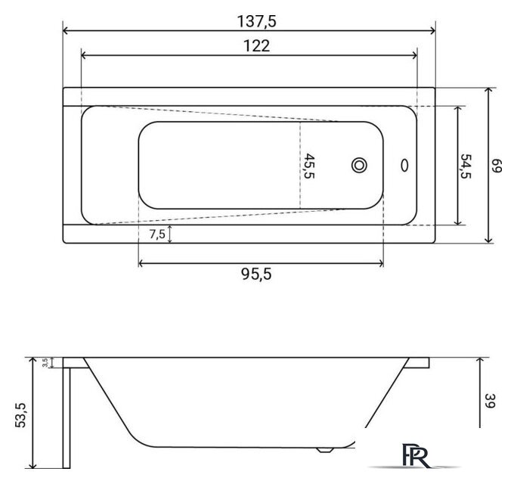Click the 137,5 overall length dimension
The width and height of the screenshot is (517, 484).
256,21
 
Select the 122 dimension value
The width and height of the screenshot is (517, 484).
256,46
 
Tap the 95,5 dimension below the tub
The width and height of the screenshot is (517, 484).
256,274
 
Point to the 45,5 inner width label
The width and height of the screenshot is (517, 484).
308,166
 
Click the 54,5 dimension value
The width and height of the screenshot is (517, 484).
466,166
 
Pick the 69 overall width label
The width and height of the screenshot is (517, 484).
497,166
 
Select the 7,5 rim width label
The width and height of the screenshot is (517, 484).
157,234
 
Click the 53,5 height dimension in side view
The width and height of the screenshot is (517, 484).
20,415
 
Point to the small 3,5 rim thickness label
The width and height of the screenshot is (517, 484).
45,362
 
